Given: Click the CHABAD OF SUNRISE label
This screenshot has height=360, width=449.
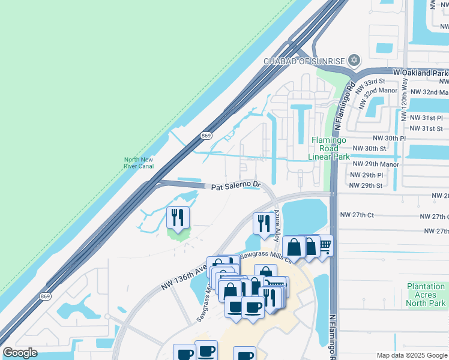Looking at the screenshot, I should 304,61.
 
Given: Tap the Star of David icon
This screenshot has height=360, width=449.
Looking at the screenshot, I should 354,60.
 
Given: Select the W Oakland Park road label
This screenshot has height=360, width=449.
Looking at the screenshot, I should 421,73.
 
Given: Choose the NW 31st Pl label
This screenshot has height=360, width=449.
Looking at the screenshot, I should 426,118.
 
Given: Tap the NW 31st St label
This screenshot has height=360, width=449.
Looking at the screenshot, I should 426,128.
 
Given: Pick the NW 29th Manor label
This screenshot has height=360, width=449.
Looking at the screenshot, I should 376,164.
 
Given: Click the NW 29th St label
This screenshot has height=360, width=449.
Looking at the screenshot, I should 366,185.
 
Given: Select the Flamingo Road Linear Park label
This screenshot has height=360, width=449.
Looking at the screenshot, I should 329,148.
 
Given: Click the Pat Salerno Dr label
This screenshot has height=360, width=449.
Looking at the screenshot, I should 236,187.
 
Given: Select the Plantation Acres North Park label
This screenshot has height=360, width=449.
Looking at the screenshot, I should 426,295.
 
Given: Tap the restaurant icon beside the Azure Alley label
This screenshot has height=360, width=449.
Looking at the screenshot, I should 262,224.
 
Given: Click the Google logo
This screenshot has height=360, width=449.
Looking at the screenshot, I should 20,353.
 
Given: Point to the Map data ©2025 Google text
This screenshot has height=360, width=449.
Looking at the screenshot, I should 412,355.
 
